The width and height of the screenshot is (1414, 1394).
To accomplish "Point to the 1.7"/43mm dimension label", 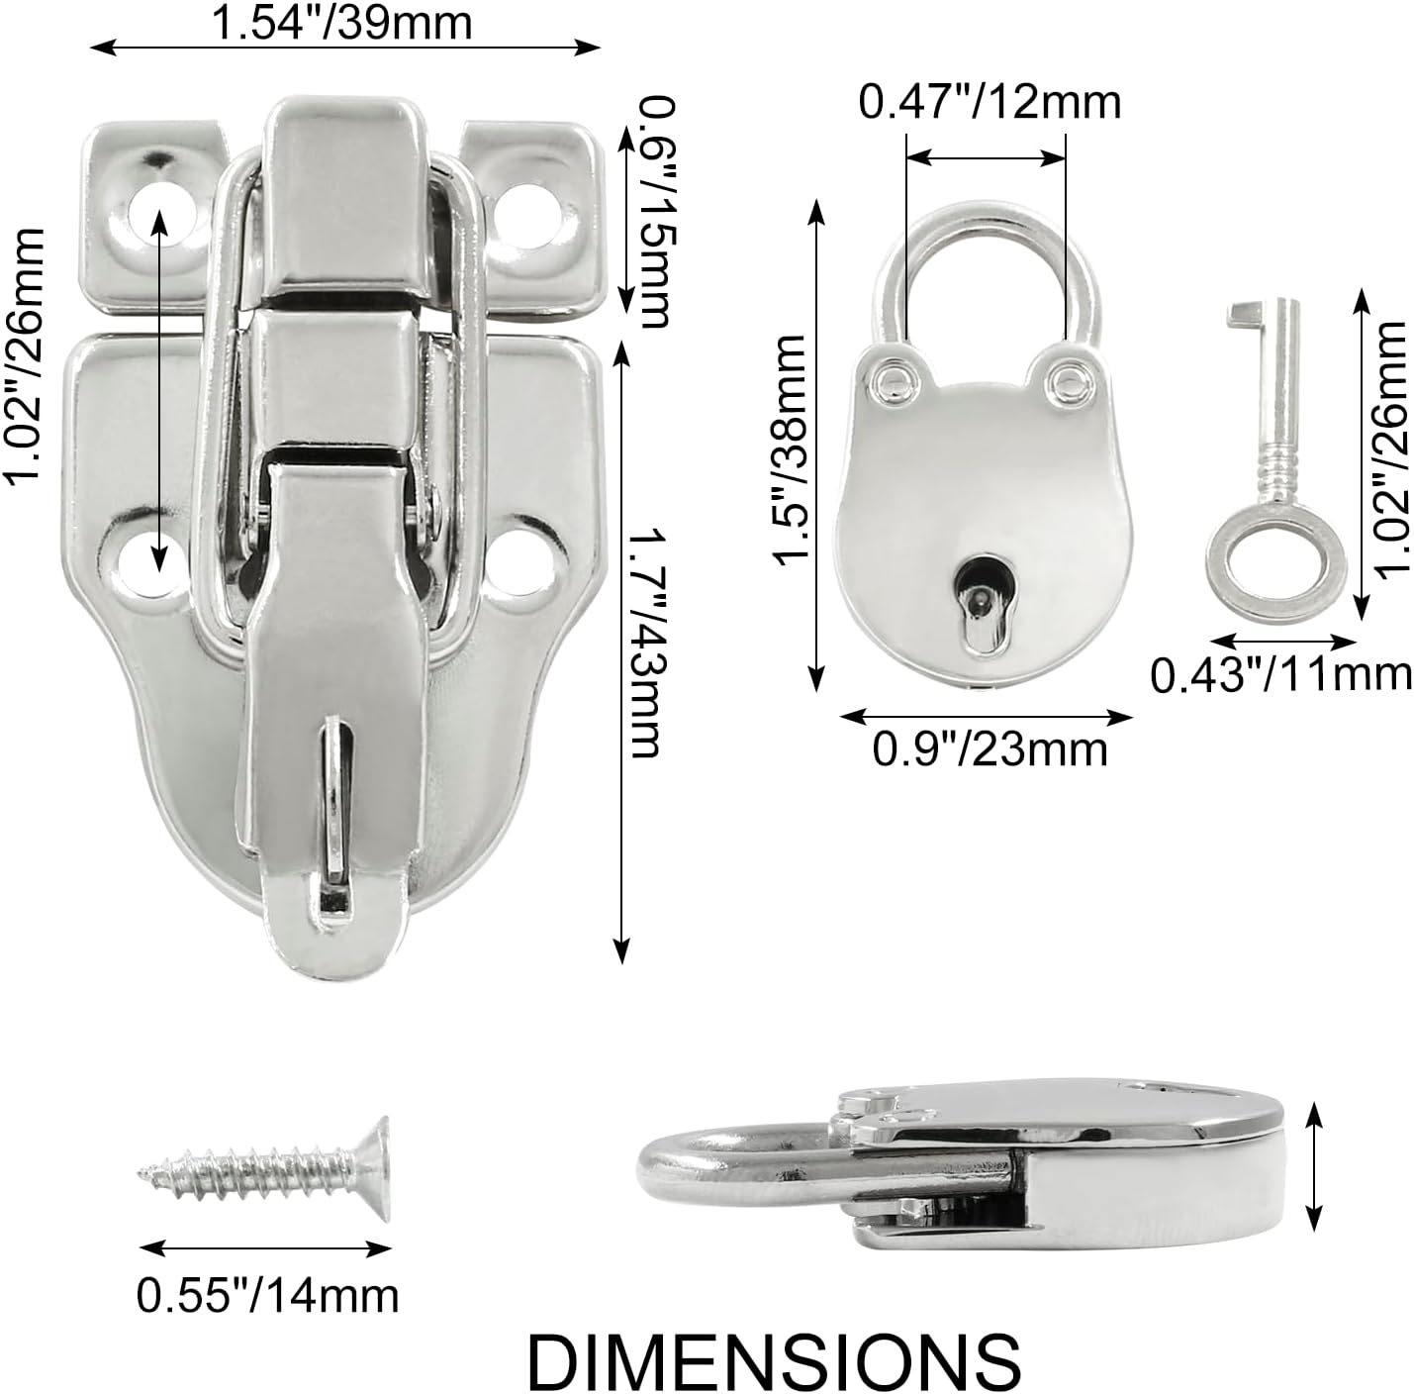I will point(643,643).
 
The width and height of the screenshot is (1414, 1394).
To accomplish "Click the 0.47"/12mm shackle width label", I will point(990,102).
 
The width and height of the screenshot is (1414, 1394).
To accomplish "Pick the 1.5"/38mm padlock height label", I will point(794,451).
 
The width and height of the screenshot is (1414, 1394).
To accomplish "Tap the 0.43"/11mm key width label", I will point(1280,674).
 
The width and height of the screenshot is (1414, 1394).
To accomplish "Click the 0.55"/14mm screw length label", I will point(267,1294).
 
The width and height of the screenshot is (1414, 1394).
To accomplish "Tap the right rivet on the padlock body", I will point(1068,380).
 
